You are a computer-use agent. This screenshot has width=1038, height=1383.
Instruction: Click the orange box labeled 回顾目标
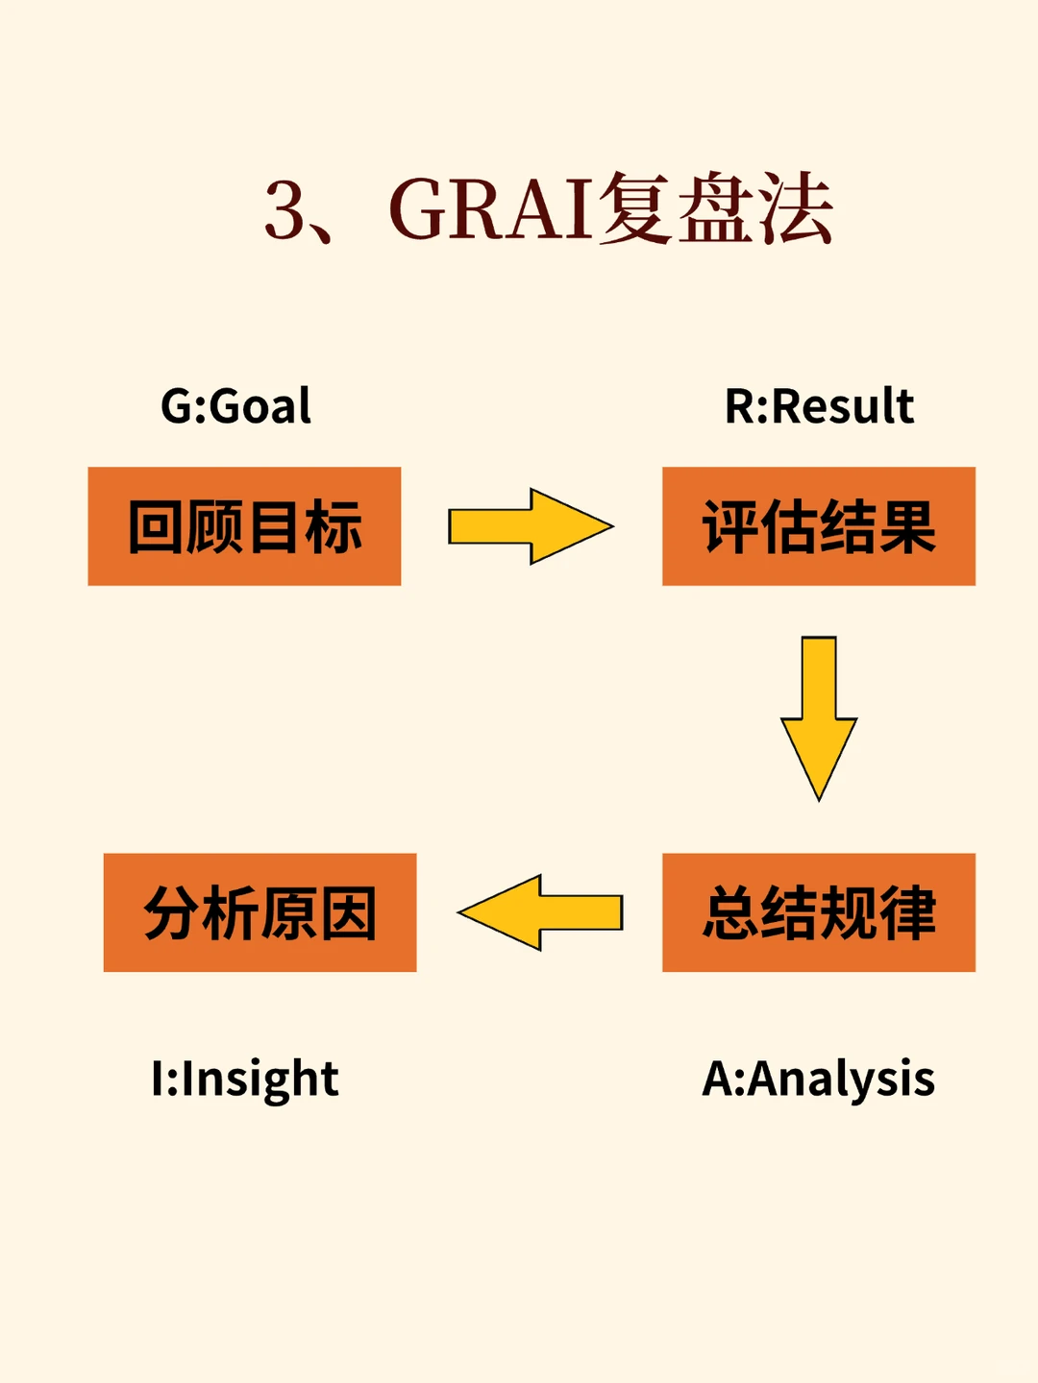tap(244, 526)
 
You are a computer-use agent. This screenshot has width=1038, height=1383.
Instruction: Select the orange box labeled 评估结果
tap(819, 526)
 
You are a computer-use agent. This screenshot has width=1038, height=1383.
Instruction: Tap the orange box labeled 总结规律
tap(819, 912)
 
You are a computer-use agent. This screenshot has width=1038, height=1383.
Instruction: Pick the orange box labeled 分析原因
tap(259, 912)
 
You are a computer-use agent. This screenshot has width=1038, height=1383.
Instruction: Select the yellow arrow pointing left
tap(540, 912)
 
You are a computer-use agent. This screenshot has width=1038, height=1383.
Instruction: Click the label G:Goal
tap(236, 406)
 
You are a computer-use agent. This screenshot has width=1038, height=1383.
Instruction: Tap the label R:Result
tap(819, 406)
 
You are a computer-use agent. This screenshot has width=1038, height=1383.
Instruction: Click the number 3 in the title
tap(284, 210)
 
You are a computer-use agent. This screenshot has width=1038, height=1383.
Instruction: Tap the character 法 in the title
tap(794, 209)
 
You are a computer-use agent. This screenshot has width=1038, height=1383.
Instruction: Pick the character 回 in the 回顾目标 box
tap(157, 527)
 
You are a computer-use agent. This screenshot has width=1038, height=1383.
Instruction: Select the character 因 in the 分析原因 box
tap(348, 913)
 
